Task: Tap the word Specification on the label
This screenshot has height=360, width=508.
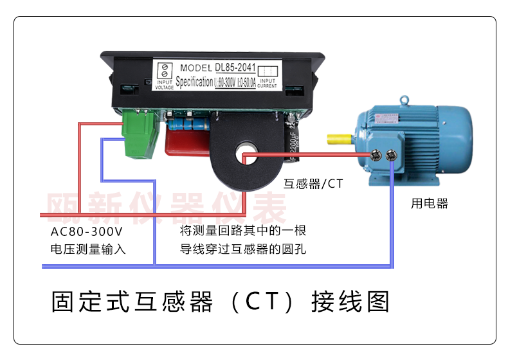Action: [194, 82]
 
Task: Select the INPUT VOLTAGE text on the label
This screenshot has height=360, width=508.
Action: [165, 84]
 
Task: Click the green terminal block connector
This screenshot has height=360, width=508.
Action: [141, 134]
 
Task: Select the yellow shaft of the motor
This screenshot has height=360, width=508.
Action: [341, 139]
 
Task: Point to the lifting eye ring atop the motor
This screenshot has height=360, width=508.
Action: [404, 101]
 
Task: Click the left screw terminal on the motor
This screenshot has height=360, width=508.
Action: [377, 154]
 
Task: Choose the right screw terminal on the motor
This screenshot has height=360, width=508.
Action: [390, 154]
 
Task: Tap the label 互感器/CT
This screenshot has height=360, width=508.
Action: [313, 184]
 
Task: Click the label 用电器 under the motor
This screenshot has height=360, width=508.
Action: [429, 204]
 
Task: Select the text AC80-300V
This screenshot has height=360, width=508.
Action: [86, 231]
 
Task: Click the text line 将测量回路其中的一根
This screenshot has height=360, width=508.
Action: [243, 231]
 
